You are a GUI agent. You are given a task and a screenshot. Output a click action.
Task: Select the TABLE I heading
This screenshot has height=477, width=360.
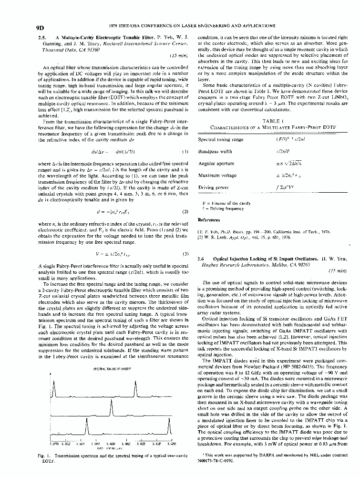(x=270, y=121)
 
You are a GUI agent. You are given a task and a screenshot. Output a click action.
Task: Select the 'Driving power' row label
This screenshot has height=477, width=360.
(x=211, y=188)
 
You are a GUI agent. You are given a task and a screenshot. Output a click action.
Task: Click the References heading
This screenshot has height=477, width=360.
(x=208, y=220)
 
